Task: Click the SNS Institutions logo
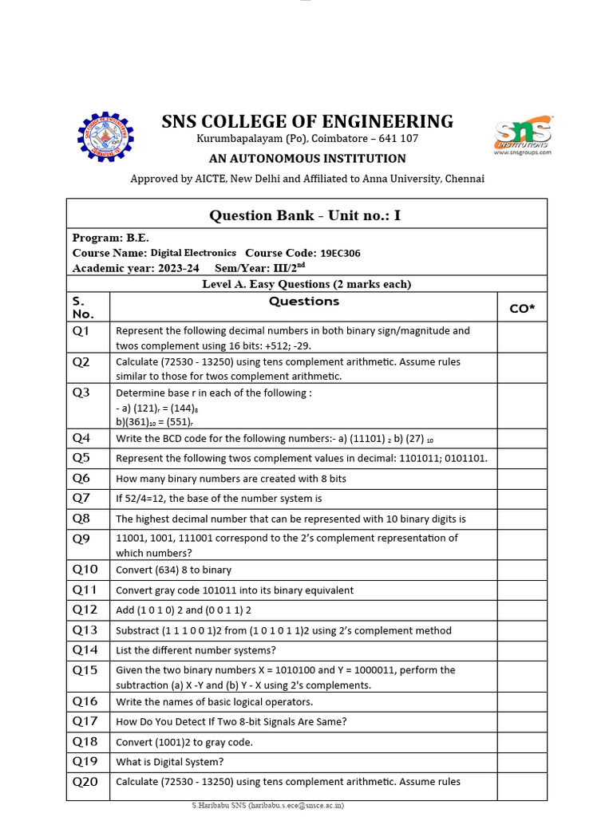click(523, 137)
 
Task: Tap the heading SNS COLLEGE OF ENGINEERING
click(307, 122)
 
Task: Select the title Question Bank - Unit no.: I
click(305, 215)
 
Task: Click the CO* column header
click(522, 308)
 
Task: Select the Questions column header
click(303, 302)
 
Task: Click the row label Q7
click(81, 498)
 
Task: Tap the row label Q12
click(85, 610)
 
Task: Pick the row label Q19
click(85, 761)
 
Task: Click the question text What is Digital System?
click(169, 762)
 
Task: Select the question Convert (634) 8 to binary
click(173, 570)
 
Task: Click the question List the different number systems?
click(196, 650)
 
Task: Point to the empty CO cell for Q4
click(522, 438)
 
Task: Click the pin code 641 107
click(397, 139)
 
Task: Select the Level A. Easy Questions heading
click(306, 284)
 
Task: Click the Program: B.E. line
click(111, 238)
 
